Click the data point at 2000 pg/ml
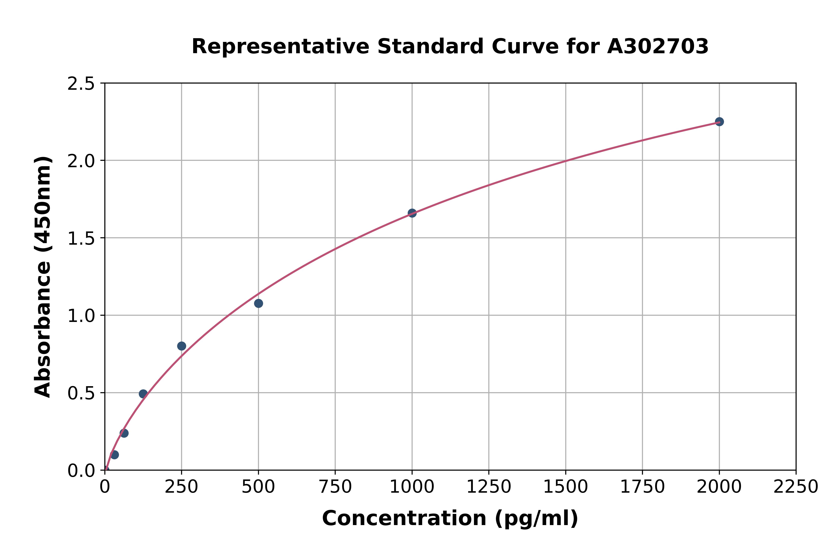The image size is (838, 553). (719, 122)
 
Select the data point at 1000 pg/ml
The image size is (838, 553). (412, 213)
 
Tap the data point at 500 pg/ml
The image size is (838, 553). (258, 303)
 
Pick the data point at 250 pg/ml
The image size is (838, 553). (182, 346)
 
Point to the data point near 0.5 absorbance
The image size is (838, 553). (143, 394)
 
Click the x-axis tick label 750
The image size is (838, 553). (335, 487)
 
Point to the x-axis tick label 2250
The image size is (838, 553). (796, 487)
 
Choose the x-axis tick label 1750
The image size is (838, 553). (642, 487)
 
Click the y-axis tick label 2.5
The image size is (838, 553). (81, 84)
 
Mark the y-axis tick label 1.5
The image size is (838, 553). (81, 238)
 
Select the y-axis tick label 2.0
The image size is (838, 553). (81, 161)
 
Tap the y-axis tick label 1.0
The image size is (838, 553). (81, 316)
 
